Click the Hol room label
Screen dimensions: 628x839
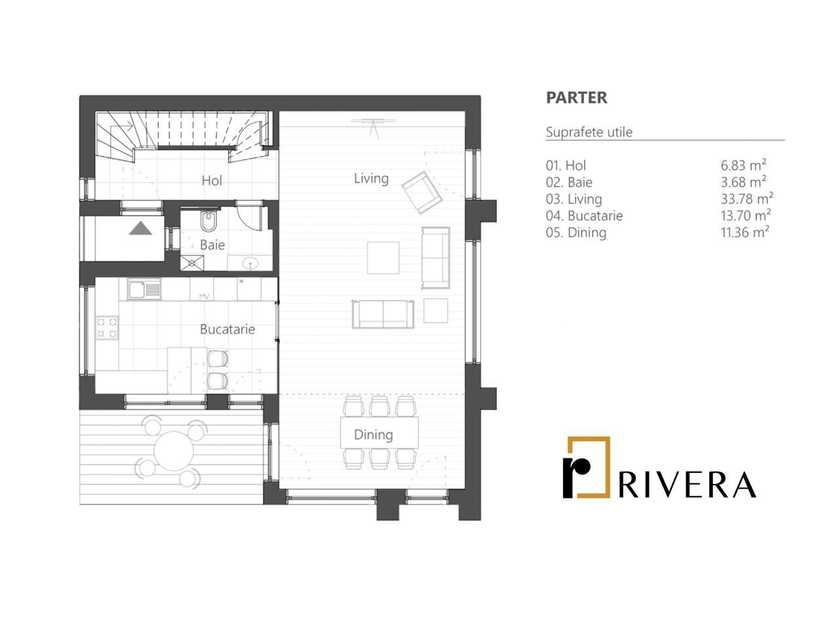212,181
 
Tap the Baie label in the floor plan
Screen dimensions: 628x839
212,245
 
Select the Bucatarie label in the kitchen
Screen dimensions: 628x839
227,329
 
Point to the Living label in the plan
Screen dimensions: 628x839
371,178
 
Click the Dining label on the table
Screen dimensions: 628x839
374,434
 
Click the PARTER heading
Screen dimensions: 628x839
577,98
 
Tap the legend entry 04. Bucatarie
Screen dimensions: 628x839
584,215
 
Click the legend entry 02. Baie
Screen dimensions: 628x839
569,182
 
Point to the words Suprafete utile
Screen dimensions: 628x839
589,132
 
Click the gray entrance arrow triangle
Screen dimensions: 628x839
140,229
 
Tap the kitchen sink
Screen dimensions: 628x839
144,289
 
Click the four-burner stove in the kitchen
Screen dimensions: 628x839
107,327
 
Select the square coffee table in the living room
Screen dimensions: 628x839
383,257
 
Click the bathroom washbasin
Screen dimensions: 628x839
250,263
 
